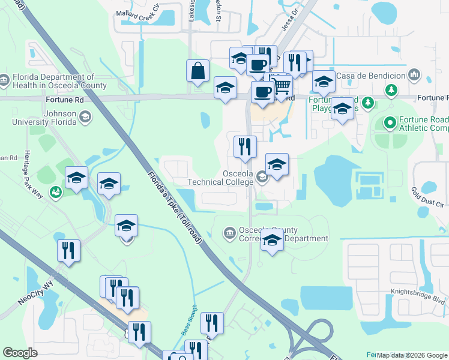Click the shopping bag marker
point(197,72)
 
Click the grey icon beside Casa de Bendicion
point(414,74)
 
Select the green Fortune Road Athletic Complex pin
point(390,123)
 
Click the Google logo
point(20,353)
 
